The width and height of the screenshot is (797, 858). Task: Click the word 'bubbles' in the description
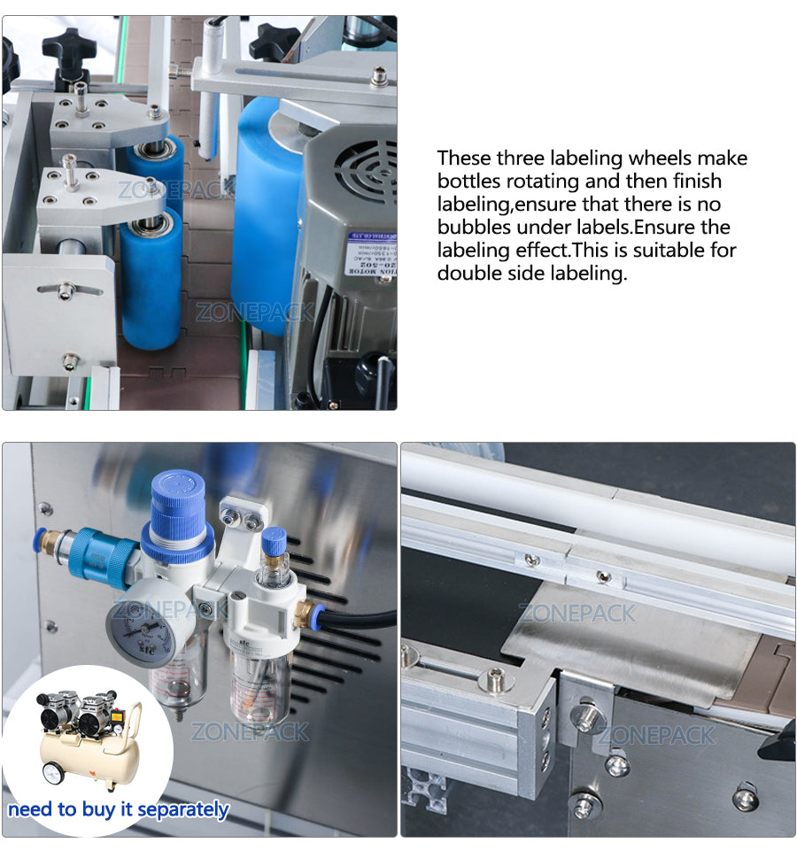click(473, 228)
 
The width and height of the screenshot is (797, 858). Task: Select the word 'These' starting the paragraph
click(463, 158)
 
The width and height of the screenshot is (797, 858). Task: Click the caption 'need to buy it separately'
click(119, 808)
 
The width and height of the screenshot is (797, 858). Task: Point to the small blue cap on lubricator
click(274, 540)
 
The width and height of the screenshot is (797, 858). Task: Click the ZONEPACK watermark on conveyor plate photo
click(577, 613)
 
